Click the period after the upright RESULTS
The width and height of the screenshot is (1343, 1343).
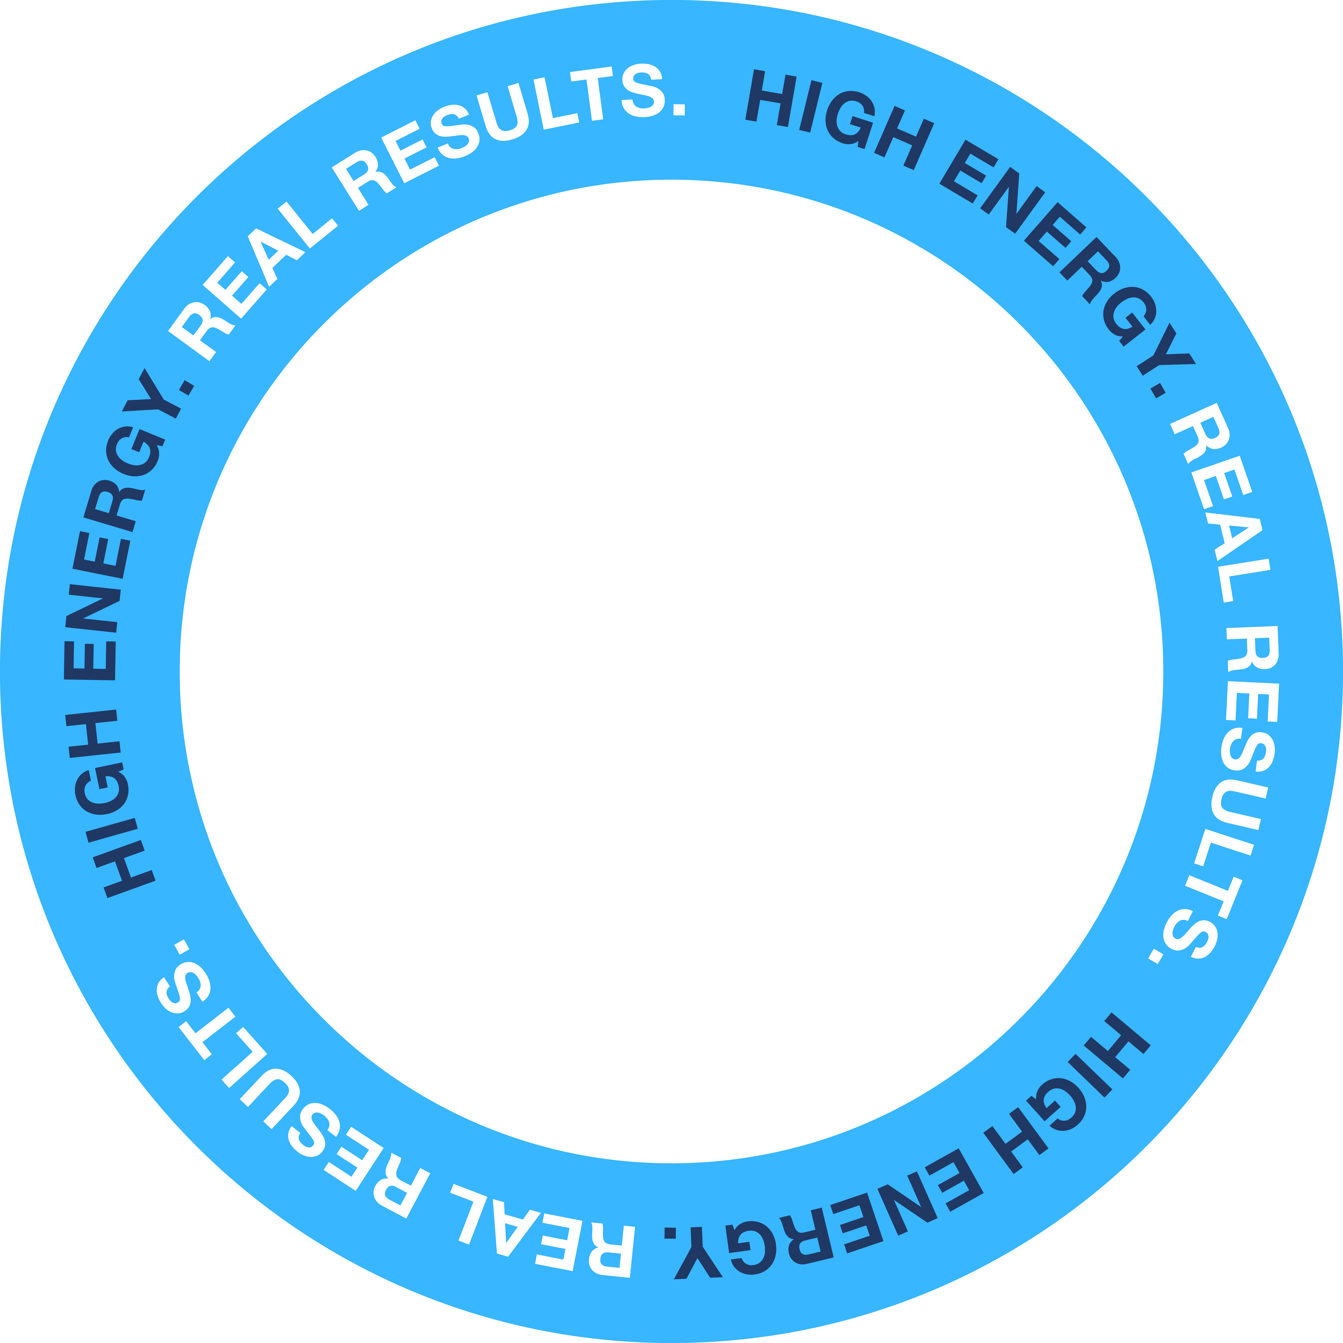(x=679, y=110)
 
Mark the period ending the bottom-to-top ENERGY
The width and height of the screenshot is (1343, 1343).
(x=186, y=387)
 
